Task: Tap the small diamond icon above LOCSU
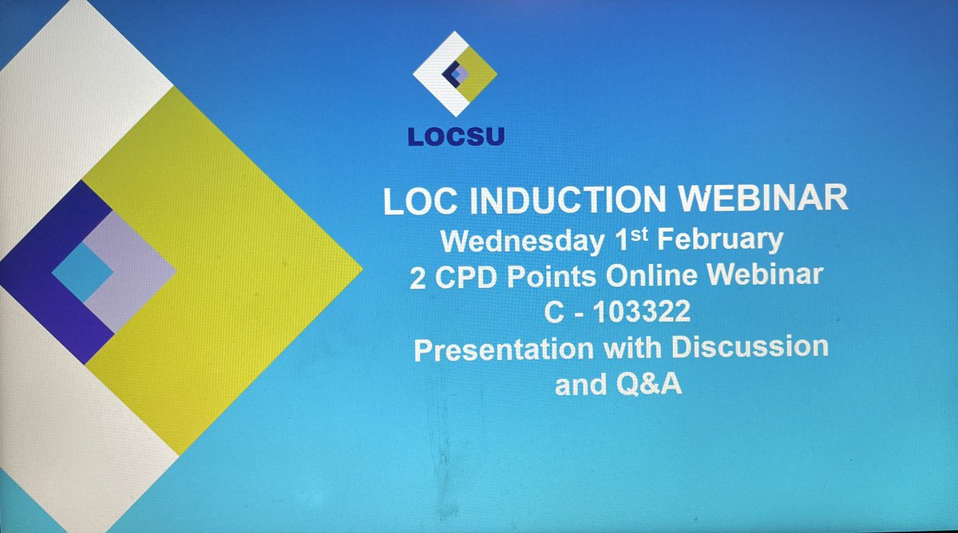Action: (x=455, y=73)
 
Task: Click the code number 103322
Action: (x=639, y=312)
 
